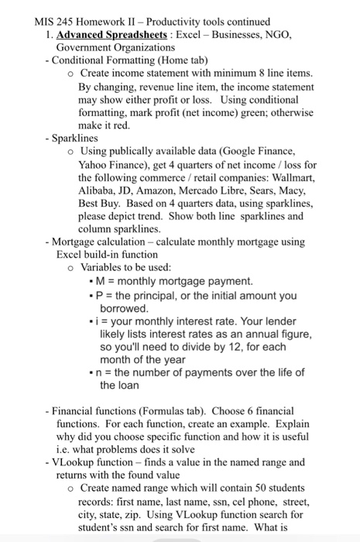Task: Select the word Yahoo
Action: [x=95, y=165]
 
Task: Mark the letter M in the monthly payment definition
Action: [x=101, y=281]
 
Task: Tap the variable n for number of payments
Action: [x=101, y=372]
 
